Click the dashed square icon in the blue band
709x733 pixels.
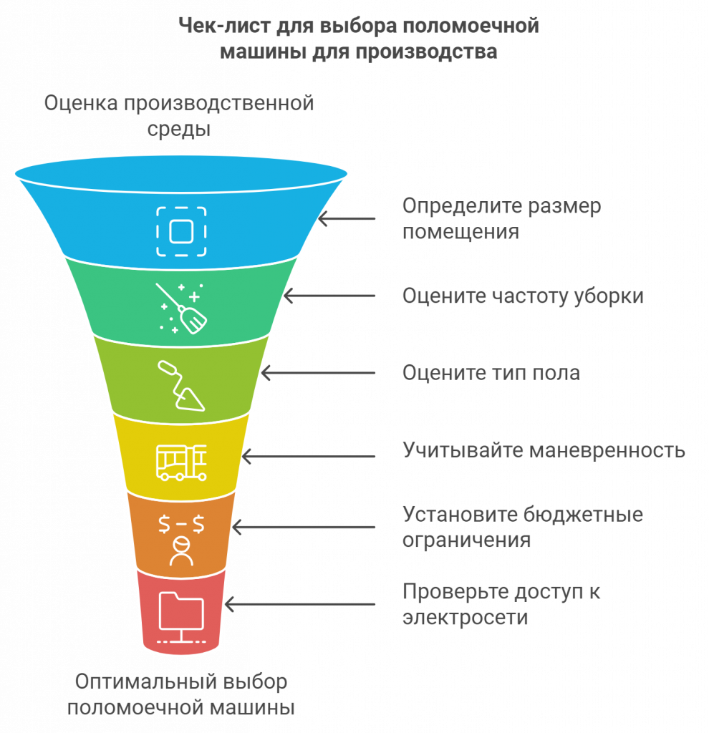pyautogui.click(x=181, y=231)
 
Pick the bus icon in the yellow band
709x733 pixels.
pyautogui.click(x=181, y=462)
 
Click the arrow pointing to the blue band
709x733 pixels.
pyautogui.click(x=347, y=218)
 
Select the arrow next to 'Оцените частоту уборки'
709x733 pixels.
pyautogui.click(x=329, y=296)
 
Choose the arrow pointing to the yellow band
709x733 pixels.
pyautogui.click(x=308, y=455)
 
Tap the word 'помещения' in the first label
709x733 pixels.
pyautogui.click(x=460, y=232)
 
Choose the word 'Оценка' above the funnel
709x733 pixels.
pyautogui.click(x=81, y=103)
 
